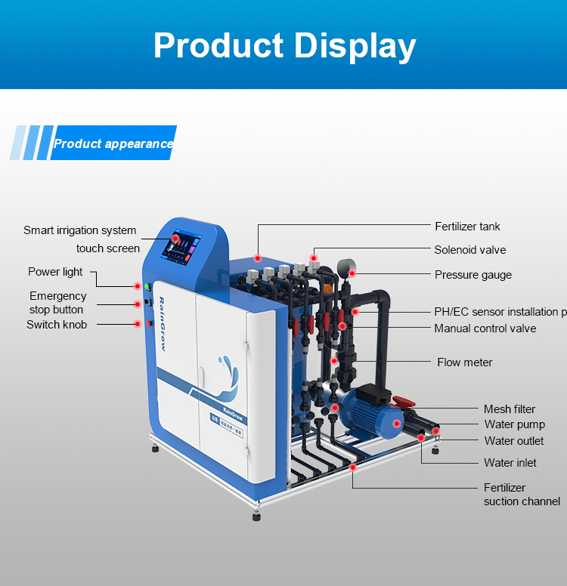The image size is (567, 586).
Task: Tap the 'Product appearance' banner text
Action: (113, 143)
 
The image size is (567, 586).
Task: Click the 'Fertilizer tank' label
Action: (467, 227)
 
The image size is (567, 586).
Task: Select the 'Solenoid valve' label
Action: (469, 250)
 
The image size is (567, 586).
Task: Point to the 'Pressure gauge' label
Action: (472, 275)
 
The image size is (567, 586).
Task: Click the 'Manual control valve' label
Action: (485, 328)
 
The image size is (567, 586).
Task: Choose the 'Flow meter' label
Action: (464, 362)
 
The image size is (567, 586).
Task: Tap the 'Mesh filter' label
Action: (510, 409)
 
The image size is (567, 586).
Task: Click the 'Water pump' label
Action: (514, 424)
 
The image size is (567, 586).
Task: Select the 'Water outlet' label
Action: (514, 441)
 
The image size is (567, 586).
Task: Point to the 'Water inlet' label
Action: (510, 463)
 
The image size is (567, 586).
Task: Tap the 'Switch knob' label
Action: (57, 325)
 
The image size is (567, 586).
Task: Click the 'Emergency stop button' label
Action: (57, 303)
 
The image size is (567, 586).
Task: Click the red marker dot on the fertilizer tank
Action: (258, 258)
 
